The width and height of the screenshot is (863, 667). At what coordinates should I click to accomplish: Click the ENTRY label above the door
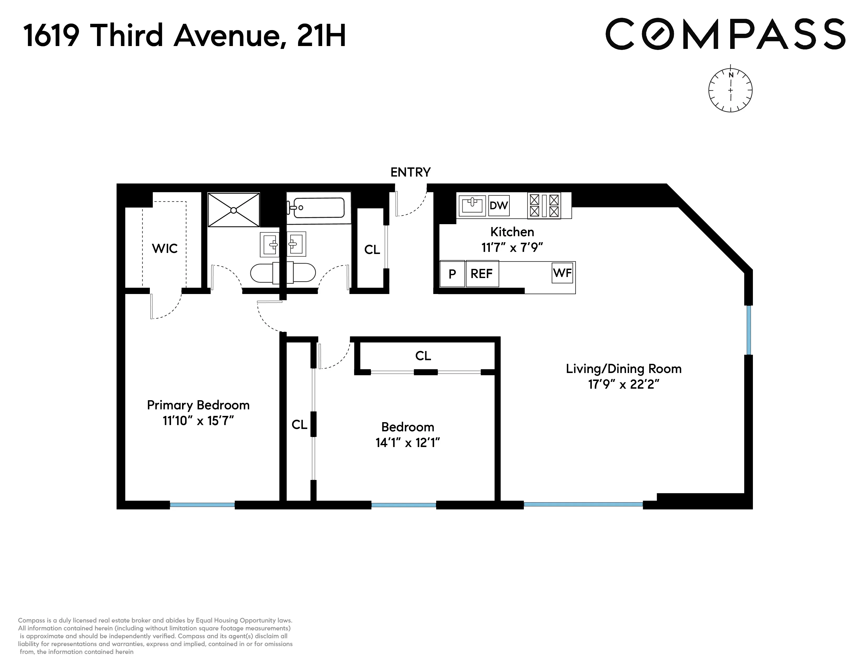pyautogui.click(x=410, y=172)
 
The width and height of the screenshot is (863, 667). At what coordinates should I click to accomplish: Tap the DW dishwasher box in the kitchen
pyautogui.click(x=499, y=206)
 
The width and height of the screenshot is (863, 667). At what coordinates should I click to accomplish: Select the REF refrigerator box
pyautogui.click(x=482, y=273)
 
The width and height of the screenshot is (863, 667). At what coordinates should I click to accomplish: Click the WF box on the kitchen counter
pyautogui.click(x=562, y=273)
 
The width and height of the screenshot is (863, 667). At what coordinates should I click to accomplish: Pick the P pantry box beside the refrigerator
pyautogui.click(x=452, y=273)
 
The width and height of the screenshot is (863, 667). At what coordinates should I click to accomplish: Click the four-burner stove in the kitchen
pyautogui.click(x=544, y=206)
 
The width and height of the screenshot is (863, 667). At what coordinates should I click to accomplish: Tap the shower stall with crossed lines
pyautogui.click(x=234, y=210)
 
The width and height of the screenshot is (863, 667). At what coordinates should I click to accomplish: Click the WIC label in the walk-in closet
pyautogui.click(x=164, y=248)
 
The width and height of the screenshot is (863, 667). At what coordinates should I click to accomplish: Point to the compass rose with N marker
pyautogui.click(x=730, y=90)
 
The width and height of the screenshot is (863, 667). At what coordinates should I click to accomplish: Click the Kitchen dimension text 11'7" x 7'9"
pyautogui.click(x=512, y=248)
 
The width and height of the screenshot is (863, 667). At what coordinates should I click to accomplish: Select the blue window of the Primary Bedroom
pyautogui.click(x=202, y=505)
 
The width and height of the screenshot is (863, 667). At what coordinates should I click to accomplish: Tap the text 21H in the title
pyautogui.click(x=321, y=36)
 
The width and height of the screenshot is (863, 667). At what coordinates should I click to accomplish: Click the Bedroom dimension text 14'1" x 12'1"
pyautogui.click(x=407, y=443)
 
